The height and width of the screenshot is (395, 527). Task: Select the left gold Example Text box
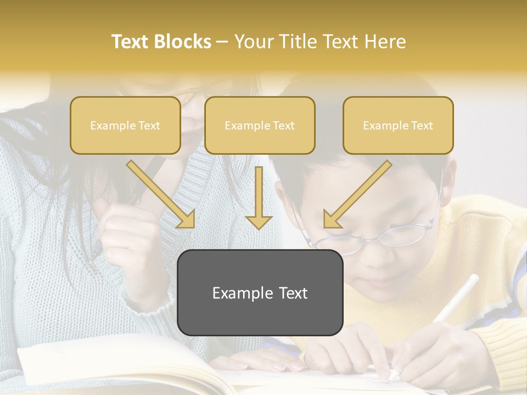125,126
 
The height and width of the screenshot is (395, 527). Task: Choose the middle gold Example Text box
260,126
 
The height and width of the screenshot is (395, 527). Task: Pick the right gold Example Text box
398,126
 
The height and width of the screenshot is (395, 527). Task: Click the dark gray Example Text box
260,293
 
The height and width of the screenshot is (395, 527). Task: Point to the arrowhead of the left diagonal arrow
187,219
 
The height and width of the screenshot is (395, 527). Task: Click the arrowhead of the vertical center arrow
259,221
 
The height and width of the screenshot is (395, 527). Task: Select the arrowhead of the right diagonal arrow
332,219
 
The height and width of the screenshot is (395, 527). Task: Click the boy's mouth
379,283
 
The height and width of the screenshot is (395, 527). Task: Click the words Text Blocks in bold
161,42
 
